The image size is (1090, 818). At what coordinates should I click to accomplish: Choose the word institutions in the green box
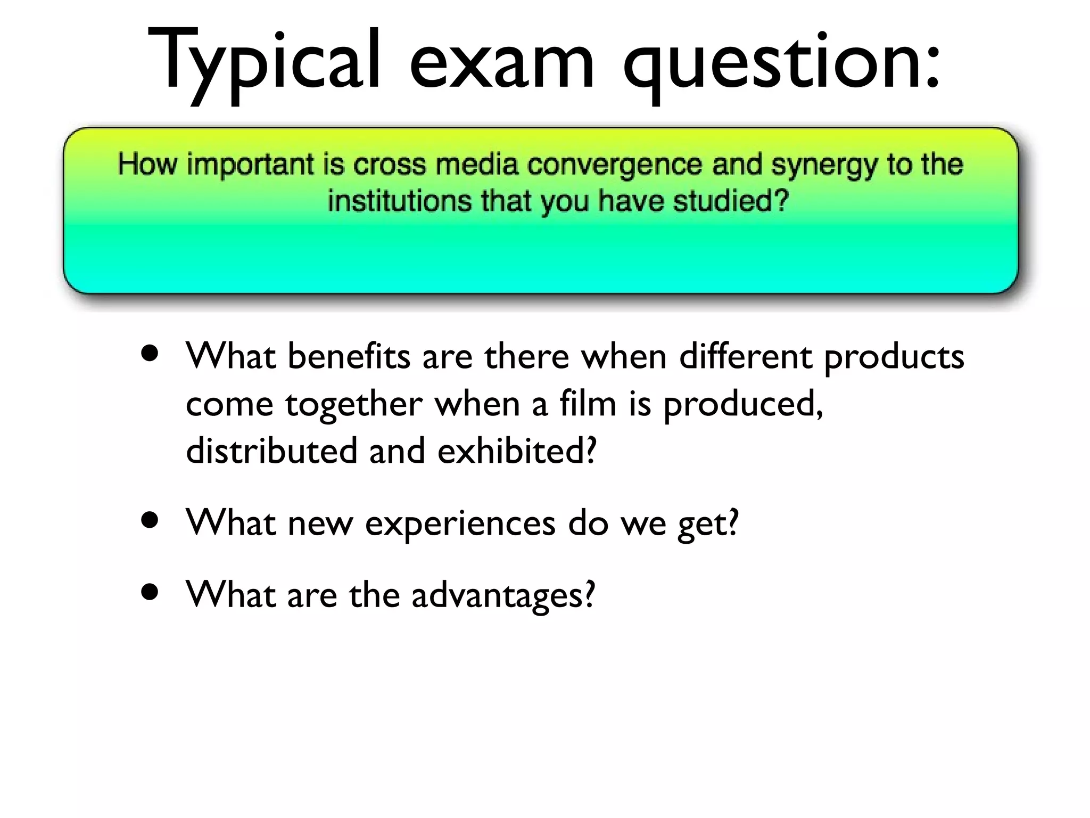[x=400, y=201]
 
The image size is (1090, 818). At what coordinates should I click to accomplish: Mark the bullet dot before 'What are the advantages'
[x=150, y=592]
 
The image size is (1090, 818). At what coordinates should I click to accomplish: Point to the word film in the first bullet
[x=588, y=403]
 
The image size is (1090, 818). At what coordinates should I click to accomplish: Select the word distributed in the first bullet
[x=271, y=451]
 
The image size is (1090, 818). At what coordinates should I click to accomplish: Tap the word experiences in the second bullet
[x=460, y=524]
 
